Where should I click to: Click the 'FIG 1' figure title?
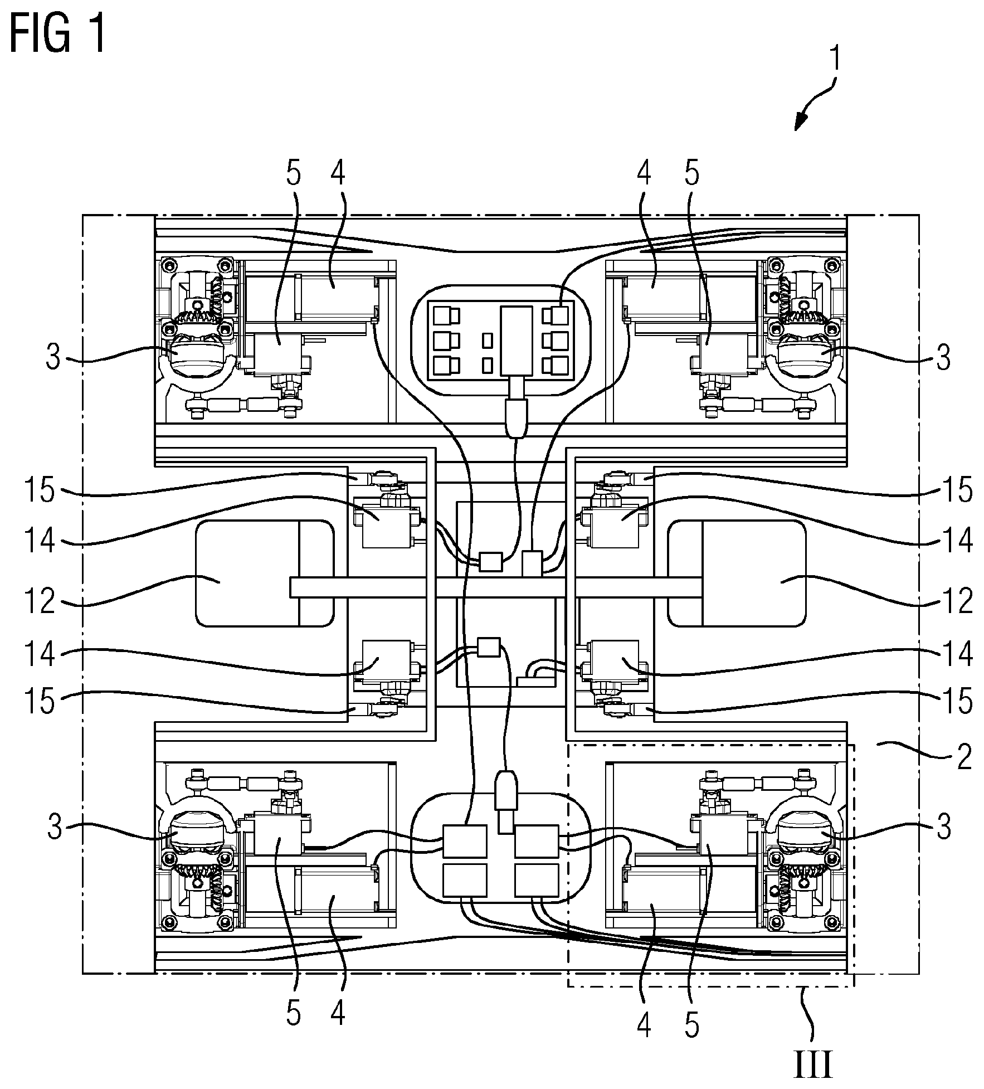point(57,35)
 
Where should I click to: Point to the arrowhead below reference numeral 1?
point(800,122)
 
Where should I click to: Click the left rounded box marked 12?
point(248,573)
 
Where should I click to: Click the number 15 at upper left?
point(40,490)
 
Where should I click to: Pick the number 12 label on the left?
point(40,601)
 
